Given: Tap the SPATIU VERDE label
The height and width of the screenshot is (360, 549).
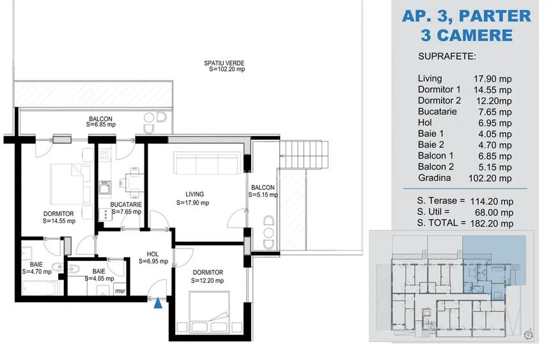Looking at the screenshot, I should click(223, 63).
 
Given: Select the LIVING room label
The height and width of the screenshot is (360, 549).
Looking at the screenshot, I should click(194, 194).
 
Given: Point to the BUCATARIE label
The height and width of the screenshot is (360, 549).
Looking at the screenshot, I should click(125, 205).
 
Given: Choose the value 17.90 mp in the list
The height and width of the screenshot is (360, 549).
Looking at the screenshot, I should click(493, 79).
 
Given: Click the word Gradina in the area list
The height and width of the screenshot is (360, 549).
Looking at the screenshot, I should click(435, 178).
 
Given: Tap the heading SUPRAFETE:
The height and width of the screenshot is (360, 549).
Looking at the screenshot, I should click(447, 56).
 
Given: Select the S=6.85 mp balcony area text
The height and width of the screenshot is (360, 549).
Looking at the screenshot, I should click(101, 125).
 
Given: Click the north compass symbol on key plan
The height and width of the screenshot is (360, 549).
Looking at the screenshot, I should click(527, 334).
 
